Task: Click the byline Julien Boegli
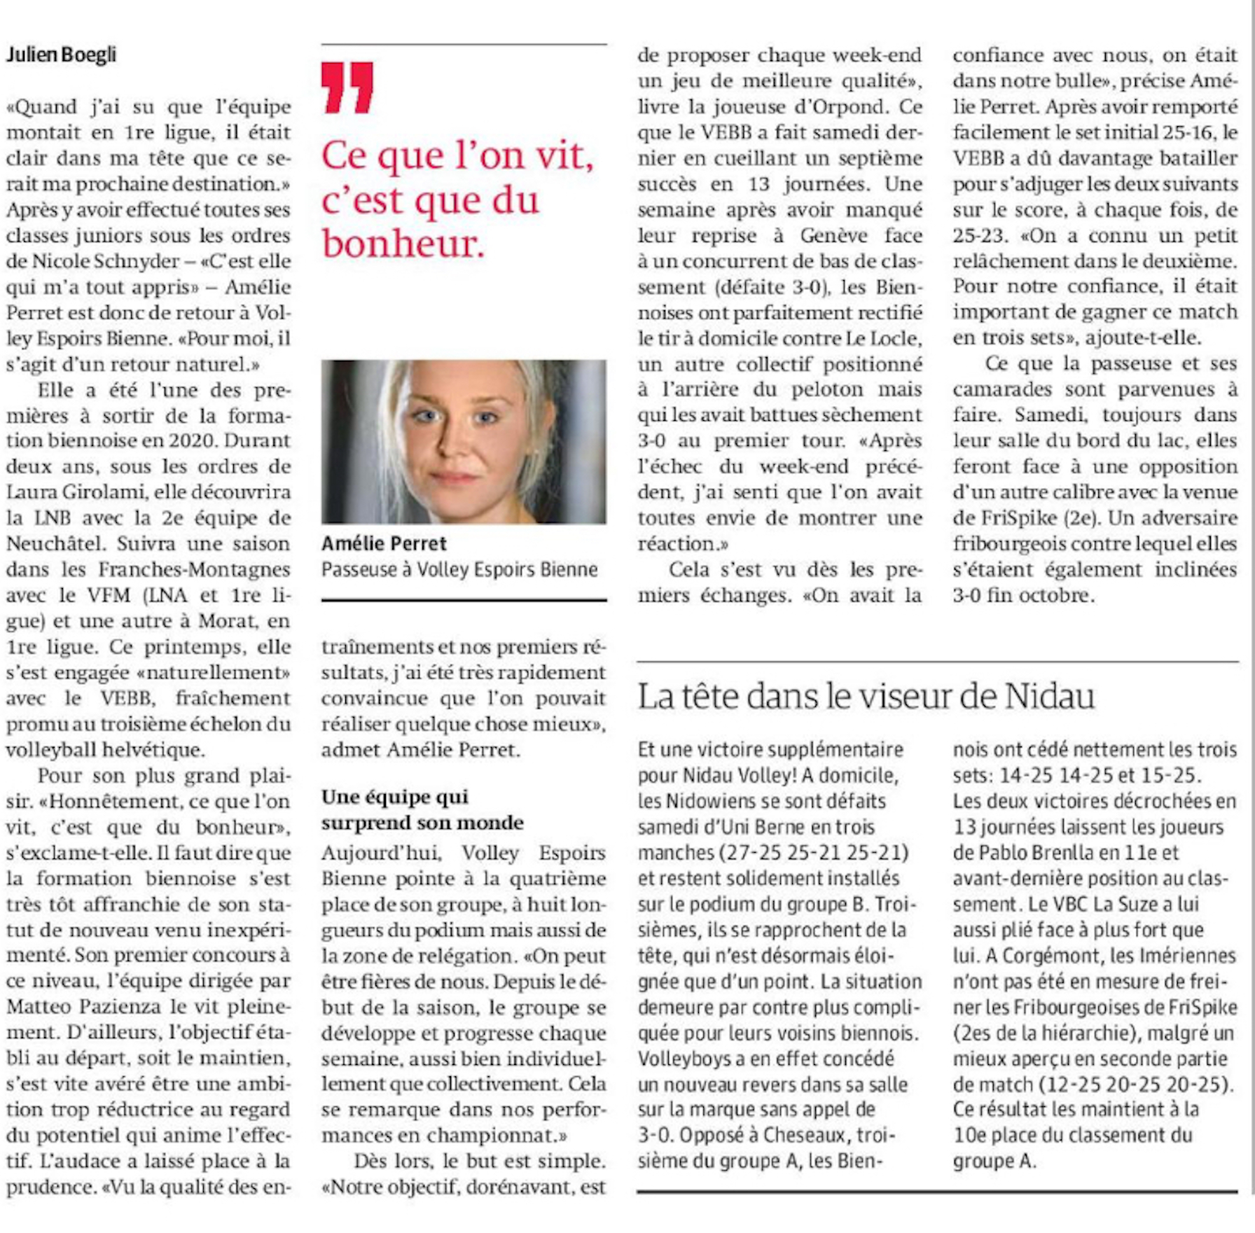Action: [x=61, y=55]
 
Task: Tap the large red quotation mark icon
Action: [x=347, y=88]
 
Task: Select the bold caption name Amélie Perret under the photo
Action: [x=384, y=543]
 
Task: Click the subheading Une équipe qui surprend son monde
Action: [x=422, y=809]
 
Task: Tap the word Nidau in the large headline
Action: [x=1050, y=696]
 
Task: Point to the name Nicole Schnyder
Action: [x=106, y=261]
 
